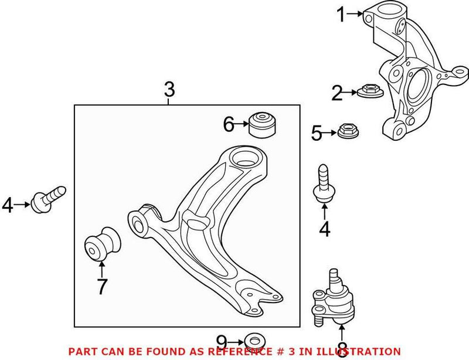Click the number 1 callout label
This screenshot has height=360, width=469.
click(x=341, y=15)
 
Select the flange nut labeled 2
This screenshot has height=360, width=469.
click(x=366, y=93)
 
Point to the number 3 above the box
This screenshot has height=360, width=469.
click(x=169, y=90)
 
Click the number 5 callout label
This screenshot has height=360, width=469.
click(x=316, y=134)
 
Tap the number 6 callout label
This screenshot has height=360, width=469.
click(x=229, y=124)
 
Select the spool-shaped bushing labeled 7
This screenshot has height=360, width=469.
click(x=102, y=242)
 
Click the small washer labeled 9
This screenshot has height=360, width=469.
click(x=254, y=341)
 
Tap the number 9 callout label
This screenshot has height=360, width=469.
click(x=220, y=341)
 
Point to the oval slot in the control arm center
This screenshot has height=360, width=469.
click(x=195, y=222)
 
